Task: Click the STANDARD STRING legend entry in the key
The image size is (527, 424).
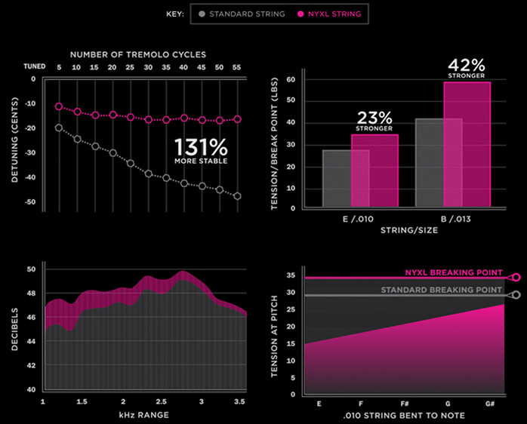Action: [x=241, y=14]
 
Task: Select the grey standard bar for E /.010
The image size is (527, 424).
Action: [x=336, y=178]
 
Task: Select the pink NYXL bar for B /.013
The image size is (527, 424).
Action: [x=467, y=143]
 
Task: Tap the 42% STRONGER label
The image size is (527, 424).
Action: [x=466, y=69]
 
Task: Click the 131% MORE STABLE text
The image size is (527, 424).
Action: [x=200, y=152]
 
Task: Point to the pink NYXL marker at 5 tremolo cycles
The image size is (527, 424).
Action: [x=59, y=106]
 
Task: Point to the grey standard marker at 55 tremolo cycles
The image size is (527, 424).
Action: [x=238, y=196]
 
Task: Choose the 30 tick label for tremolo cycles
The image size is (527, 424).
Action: [x=148, y=67]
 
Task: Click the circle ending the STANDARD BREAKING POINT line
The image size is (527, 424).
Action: [x=516, y=295]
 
